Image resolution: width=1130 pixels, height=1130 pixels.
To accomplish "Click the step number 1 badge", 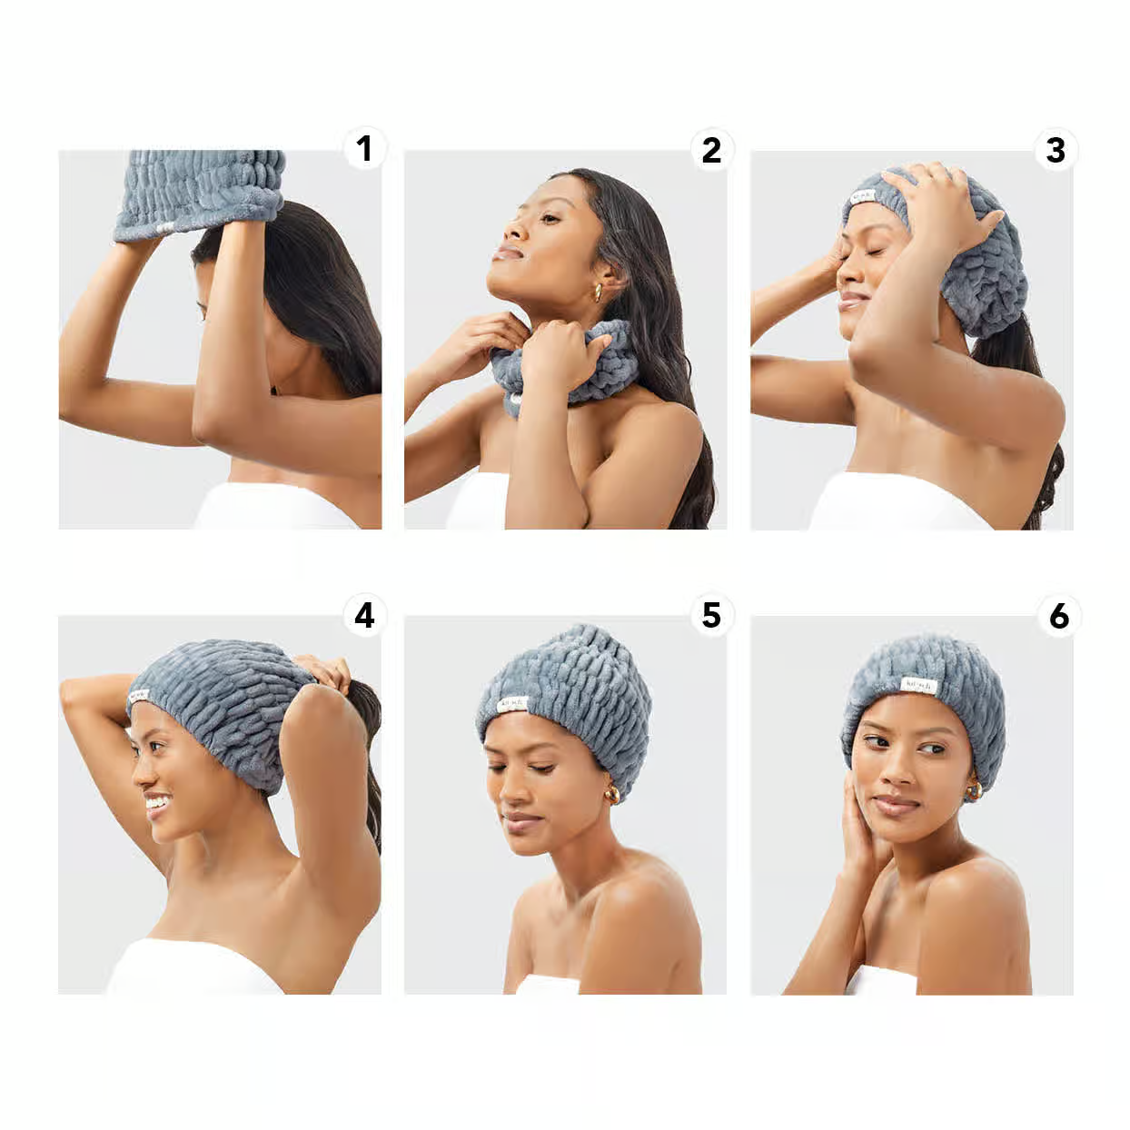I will [364, 149].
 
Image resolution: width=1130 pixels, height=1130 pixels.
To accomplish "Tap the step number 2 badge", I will [711, 150].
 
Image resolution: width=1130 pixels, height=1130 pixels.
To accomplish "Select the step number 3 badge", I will [1056, 150].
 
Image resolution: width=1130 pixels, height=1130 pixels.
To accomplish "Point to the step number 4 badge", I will [364, 616].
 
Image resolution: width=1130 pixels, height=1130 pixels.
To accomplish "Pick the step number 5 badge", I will [711, 615].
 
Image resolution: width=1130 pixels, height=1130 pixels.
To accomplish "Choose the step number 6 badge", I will [1058, 617].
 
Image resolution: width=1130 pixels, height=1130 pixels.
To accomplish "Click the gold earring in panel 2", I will [599, 292].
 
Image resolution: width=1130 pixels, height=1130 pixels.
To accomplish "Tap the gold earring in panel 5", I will [613, 794].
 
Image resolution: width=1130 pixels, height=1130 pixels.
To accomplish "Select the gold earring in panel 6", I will [974, 791].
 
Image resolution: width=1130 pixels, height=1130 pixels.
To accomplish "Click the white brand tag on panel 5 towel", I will [512, 704].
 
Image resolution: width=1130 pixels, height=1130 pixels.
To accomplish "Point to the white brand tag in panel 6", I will [917, 685].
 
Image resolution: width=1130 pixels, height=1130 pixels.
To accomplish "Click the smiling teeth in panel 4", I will [158, 801].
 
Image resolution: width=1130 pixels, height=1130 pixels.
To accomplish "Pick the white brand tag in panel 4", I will [138, 694].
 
